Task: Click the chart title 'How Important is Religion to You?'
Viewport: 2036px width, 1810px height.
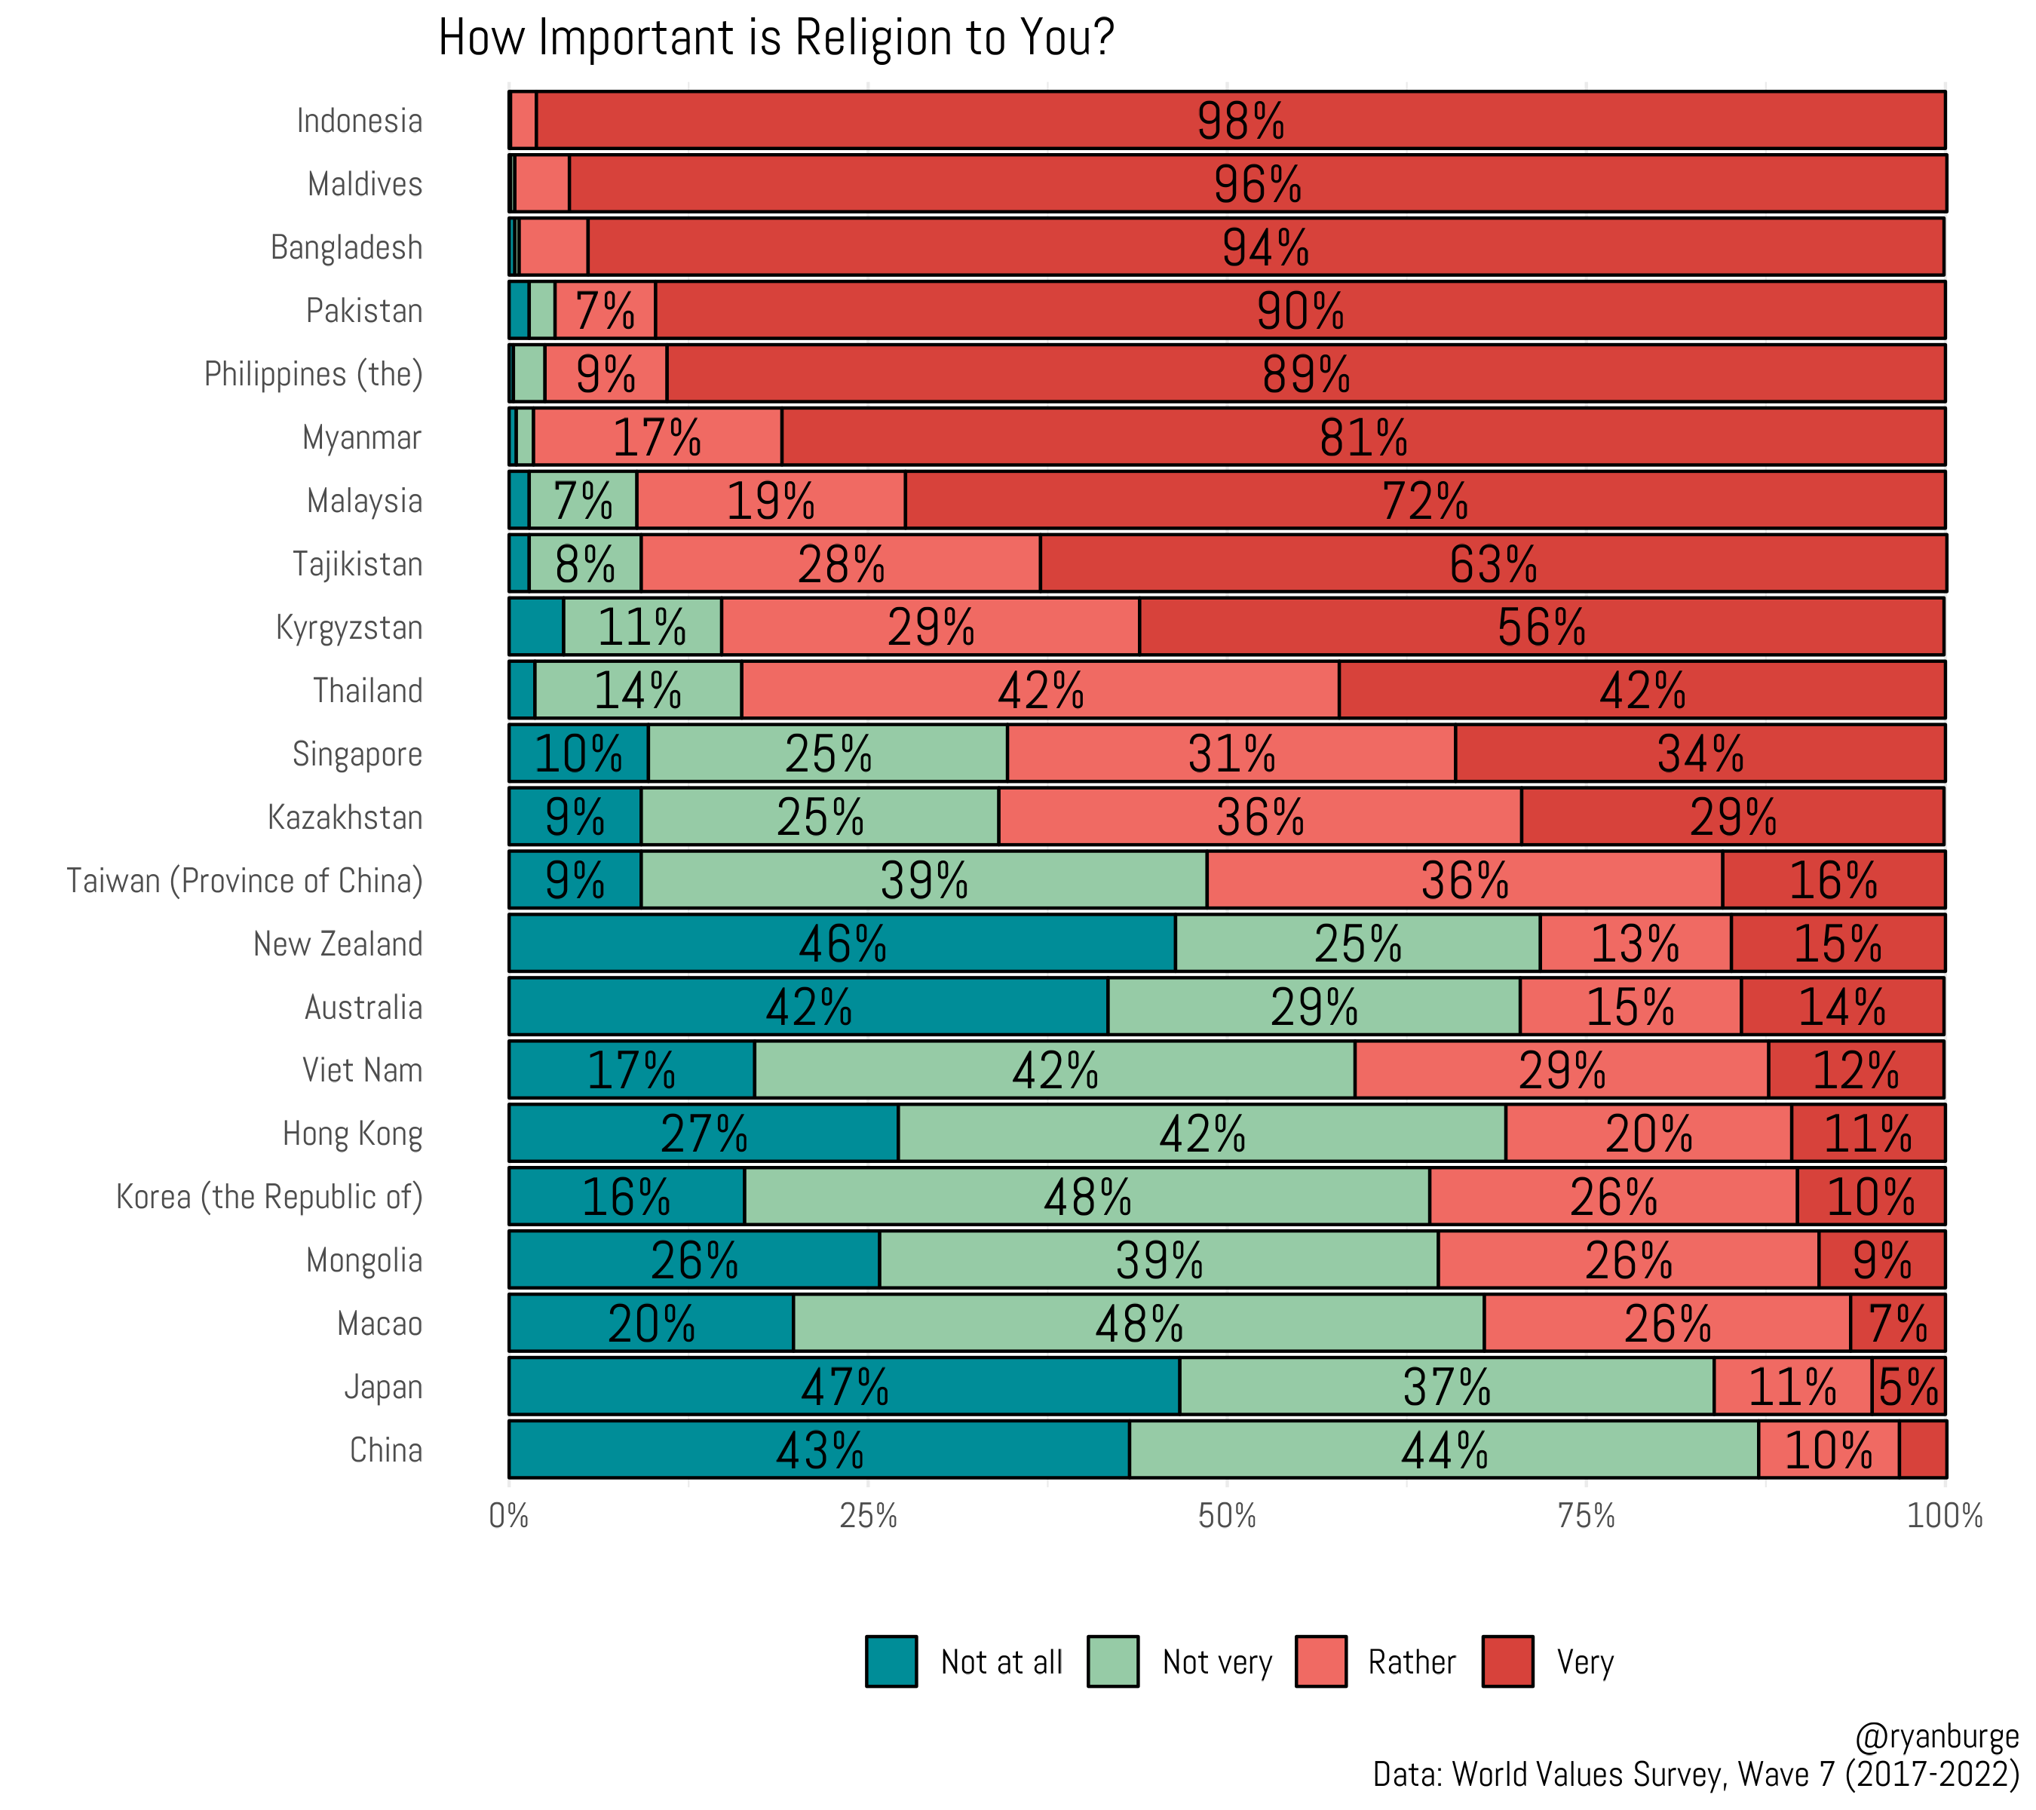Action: [775, 40]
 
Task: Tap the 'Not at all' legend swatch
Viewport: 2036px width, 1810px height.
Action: [891, 1661]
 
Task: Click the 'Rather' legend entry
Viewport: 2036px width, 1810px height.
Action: [1410, 1661]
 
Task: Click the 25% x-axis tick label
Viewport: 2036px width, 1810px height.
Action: [868, 1516]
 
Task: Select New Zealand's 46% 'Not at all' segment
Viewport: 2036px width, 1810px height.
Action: [842, 943]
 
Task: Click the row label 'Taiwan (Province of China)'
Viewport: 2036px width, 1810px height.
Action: [245, 881]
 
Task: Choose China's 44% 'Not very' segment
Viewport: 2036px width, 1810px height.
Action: [1443, 1450]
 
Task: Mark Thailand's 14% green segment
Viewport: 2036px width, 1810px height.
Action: [637, 690]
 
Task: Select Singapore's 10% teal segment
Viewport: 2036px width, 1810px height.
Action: [578, 754]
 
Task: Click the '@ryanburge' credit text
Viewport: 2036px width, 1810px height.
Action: [1936, 1736]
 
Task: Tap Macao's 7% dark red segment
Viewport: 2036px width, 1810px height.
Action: [1896, 1324]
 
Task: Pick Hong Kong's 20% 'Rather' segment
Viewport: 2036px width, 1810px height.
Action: [1648, 1134]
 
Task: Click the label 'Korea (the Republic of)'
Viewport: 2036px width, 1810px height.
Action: [269, 1196]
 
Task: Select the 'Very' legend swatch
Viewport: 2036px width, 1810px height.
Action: [1507, 1661]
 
